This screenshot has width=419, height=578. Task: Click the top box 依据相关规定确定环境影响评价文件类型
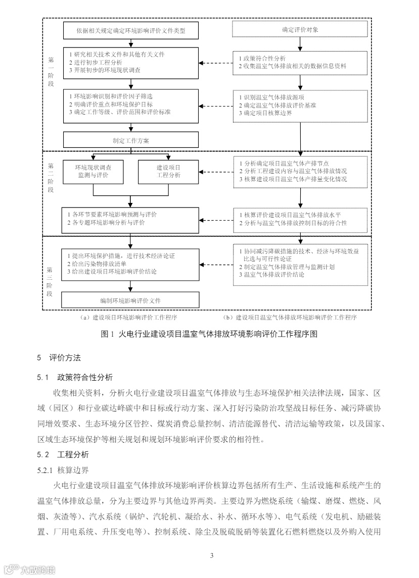click(130, 30)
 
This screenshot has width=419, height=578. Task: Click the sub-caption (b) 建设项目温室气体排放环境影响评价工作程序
click(290, 318)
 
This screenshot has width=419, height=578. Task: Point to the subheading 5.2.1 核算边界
click(63, 470)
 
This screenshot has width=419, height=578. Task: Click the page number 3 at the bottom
click(212, 556)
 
